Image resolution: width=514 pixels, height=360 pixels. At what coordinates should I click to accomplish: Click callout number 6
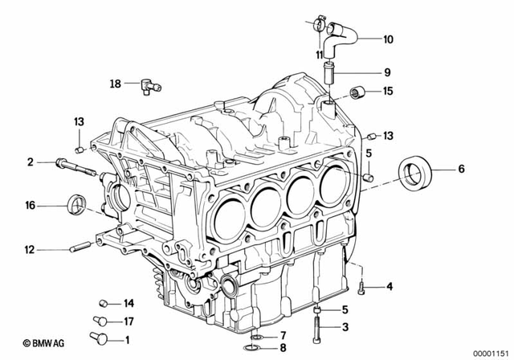point(461,169)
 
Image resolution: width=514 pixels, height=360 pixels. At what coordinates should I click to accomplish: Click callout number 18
point(115,83)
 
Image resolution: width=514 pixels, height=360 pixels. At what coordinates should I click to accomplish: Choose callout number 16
point(30,207)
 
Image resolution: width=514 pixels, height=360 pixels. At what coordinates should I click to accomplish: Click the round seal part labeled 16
point(77,205)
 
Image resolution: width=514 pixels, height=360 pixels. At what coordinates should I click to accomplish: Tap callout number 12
point(30,249)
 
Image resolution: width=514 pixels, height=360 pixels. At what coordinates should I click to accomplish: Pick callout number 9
point(388,70)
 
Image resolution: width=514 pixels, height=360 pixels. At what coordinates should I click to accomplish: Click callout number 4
point(389,287)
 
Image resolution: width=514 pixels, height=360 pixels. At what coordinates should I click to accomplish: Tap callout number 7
point(283,334)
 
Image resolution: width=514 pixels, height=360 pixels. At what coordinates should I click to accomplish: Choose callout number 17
point(127,321)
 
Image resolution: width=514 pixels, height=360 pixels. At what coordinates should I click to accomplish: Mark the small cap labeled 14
point(104,304)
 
